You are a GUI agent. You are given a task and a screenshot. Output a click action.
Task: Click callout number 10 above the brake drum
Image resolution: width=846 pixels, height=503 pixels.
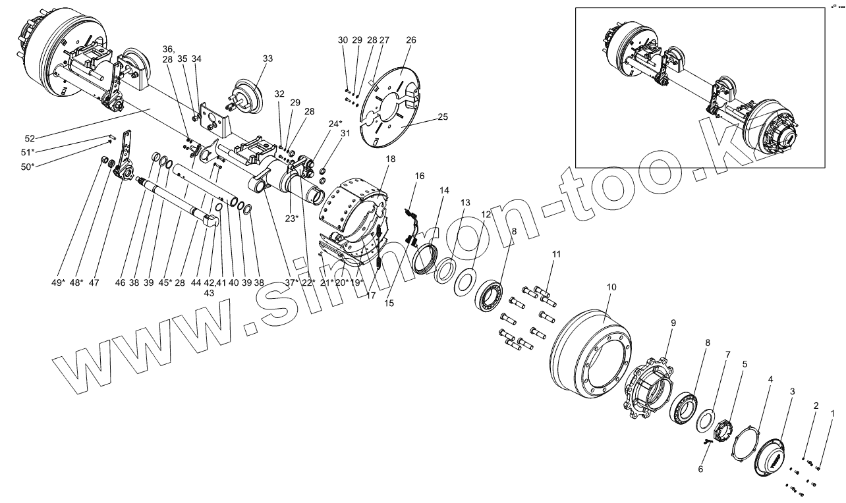click(611, 287)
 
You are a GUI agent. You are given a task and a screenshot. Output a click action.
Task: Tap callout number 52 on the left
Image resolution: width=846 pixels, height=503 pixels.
click(30, 138)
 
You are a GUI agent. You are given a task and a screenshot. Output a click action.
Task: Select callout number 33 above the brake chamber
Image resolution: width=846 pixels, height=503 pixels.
click(268, 58)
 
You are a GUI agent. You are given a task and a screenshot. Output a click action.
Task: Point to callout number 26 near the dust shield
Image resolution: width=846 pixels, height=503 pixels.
click(411, 40)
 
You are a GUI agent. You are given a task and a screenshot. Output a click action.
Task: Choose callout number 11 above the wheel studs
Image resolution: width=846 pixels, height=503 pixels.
click(557, 253)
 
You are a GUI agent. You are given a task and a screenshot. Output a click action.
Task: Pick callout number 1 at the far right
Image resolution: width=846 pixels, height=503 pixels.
click(832, 413)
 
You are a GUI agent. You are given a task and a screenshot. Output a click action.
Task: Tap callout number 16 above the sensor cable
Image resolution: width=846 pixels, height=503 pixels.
click(420, 176)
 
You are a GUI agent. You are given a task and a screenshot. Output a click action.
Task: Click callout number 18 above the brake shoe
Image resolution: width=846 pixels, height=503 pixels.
click(391, 159)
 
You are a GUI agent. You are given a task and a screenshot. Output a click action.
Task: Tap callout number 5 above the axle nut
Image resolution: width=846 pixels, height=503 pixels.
click(745, 363)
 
